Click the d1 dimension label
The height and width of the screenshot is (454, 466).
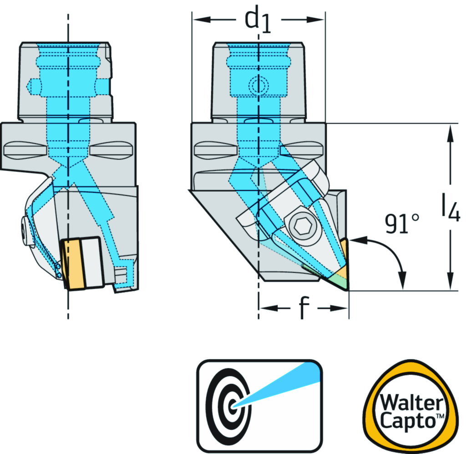[x=258, y=21]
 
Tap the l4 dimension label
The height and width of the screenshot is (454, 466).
[x=450, y=208]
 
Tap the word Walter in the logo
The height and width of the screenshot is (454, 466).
[x=411, y=403]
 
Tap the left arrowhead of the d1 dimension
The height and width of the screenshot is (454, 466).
[x=197, y=20]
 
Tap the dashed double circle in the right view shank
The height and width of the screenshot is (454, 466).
[x=258, y=84]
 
